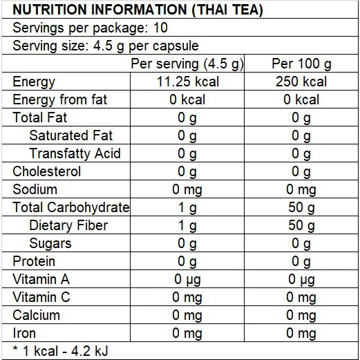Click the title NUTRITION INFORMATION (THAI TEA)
point(128,11)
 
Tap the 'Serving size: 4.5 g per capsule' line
point(106,46)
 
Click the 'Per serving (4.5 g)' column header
point(187,64)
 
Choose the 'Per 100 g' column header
point(301,64)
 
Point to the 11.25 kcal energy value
point(187,82)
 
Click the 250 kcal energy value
point(301,82)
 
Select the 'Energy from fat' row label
point(60,100)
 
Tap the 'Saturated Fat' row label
point(70,136)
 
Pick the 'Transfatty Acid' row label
point(75,154)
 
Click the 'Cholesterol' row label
point(47,171)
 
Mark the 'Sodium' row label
point(35,189)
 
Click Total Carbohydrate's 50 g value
point(301,207)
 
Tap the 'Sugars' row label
point(50,243)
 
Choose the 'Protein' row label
point(34,261)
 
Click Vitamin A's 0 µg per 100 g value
point(301,279)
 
